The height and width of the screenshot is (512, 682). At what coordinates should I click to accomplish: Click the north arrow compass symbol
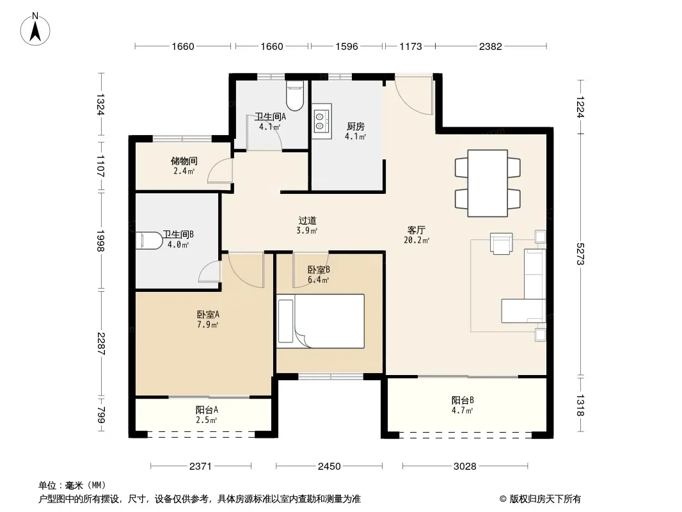35,29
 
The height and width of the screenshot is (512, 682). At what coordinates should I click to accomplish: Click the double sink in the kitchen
322,121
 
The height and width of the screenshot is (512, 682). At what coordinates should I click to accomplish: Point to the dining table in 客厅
488,183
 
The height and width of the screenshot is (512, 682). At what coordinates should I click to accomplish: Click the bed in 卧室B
321,321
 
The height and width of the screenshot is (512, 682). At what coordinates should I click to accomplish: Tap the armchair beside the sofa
501,243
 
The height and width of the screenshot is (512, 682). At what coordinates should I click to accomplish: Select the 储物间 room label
184,161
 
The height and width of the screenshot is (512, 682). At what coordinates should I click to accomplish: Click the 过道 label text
307,221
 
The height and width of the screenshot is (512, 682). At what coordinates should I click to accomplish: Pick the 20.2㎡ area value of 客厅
416,240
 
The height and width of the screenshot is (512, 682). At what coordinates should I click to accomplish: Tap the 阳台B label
463,400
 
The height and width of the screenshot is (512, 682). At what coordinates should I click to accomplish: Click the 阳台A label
207,410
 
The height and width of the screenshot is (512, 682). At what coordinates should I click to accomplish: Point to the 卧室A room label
208,314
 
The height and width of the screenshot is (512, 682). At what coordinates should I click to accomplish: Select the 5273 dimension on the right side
580,254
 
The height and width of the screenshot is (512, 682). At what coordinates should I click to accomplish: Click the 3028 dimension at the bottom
465,467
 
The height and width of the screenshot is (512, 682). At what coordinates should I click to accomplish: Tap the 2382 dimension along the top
491,46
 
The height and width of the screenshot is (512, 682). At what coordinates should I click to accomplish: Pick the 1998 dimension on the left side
100,241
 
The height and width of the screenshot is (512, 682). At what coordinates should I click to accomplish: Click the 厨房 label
355,126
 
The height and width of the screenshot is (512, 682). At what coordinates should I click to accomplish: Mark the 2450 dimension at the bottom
329,467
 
